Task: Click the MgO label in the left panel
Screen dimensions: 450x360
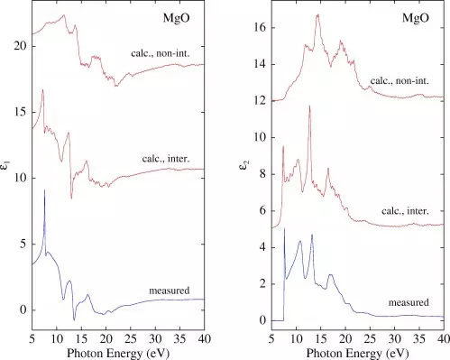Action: point(177,18)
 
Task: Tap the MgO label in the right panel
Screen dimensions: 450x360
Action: point(416,18)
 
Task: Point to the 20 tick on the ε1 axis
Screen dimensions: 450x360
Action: point(21,46)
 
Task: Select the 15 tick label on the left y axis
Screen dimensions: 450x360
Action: point(21,112)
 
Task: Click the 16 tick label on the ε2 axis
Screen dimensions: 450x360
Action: point(261,28)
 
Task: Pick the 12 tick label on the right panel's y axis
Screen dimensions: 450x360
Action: point(261,101)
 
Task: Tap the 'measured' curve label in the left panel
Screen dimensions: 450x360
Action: point(170,291)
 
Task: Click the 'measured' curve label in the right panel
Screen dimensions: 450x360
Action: point(409,302)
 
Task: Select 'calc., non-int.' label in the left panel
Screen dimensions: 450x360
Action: point(161,53)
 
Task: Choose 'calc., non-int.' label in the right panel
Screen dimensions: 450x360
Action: point(399,80)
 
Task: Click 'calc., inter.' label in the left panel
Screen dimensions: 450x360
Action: point(166,159)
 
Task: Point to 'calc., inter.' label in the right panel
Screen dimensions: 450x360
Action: point(405,211)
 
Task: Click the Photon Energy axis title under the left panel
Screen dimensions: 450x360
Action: point(118,353)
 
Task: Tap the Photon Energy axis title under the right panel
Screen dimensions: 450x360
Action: point(358,353)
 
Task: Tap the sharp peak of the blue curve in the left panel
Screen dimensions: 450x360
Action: point(44,190)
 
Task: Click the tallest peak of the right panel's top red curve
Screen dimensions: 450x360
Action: point(317,14)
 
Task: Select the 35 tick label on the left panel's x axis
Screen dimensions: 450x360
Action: point(179,338)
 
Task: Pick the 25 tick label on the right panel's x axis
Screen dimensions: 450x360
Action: point(370,338)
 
